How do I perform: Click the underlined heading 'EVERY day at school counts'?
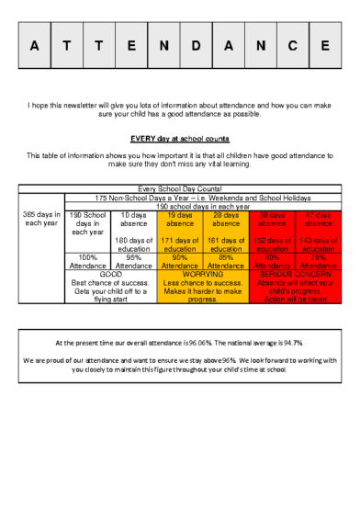pyautogui.click(x=179, y=139)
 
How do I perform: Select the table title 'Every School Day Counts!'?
pyautogui.click(x=180, y=188)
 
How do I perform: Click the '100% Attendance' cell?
pyautogui.click(x=88, y=261)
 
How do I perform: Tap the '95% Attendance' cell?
pyautogui.click(x=134, y=261)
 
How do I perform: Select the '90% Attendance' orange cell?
pyautogui.click(x=180, y=261)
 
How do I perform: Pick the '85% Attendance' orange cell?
pyautogui.click(x=226, y=261)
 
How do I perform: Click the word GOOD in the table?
pyautogui.click(x=111, y=274)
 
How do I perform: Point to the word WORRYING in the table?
pyautogui.click(x=203, y=274)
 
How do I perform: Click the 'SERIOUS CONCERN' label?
pyautogui.click(x=295, y=274)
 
